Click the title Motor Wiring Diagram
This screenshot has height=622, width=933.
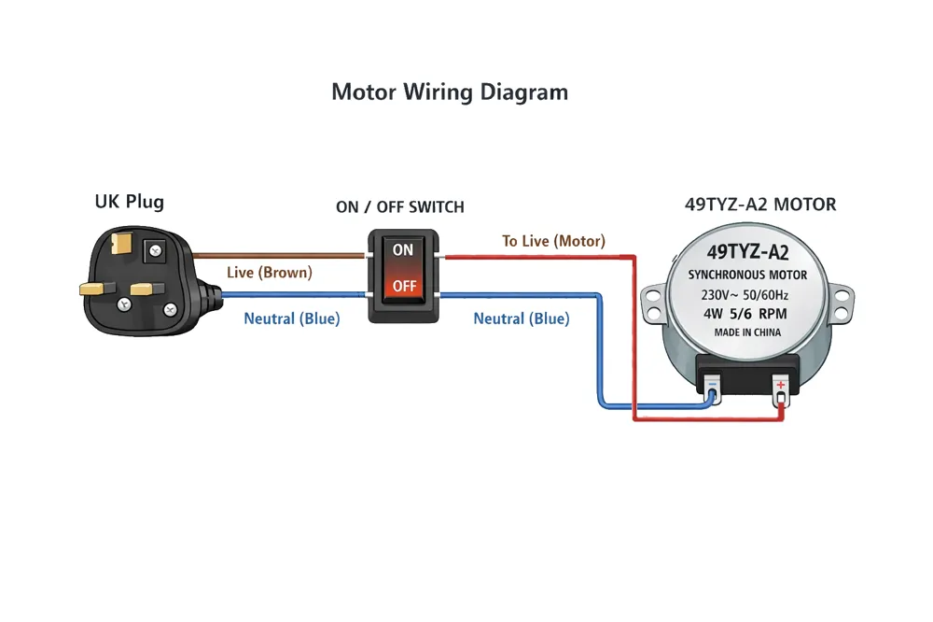(450, 92)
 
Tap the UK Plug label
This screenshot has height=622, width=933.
(129, 202)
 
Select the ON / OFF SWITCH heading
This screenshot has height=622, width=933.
(400, 206)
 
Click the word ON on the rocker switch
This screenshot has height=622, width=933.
(403, 249)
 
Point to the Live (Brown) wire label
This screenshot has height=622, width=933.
(269, 273)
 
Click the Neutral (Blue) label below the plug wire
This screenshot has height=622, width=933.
(291, 318)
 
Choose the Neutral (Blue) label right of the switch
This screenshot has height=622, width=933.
(522, 318)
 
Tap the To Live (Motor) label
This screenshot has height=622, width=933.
(553, 241)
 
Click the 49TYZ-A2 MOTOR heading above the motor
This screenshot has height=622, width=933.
(760, 205)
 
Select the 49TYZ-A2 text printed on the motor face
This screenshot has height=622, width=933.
(748, 252)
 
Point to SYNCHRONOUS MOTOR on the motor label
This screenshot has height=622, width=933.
(747, 275)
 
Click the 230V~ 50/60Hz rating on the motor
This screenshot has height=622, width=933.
(745, 295)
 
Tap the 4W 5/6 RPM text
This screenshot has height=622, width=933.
(745, 314)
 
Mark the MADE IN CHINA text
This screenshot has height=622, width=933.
(747, 332)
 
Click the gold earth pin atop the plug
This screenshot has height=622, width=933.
(121, 243)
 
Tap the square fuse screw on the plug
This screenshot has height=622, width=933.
(155, 250)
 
